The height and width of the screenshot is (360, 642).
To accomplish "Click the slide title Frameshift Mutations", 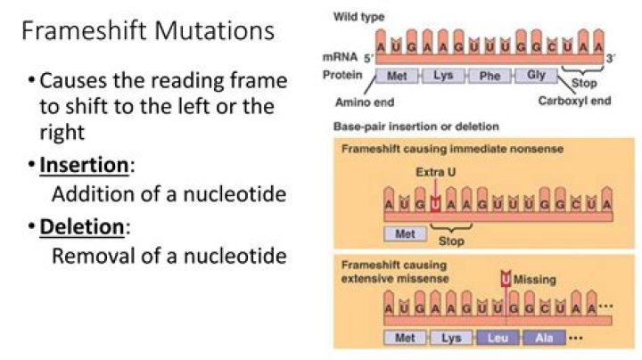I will (147, 33).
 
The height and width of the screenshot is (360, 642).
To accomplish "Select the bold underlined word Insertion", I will (83, 167).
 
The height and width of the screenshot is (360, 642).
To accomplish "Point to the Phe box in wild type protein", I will (490, 77).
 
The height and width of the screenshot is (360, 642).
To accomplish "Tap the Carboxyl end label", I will (574, 101).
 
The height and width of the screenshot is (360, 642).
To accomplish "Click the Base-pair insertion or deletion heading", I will (403, 126).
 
